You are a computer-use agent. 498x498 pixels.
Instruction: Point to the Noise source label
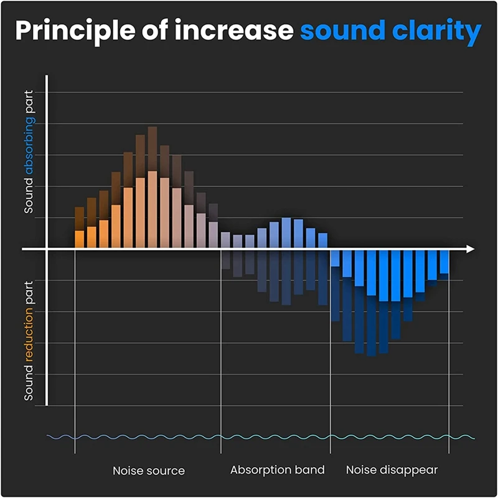[x=149, y=471]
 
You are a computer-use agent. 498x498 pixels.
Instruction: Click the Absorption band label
[x=278, y=470]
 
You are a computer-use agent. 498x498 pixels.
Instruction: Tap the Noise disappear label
[x=392, y=470]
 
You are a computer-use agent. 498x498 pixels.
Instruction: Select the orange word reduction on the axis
[x=29, y=340]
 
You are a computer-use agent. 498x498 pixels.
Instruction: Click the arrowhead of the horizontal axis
[x=470, y=249]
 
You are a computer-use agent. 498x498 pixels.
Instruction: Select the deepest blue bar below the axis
[x=372, y=302]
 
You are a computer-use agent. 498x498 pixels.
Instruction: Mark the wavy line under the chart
[x=261, y=436]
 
